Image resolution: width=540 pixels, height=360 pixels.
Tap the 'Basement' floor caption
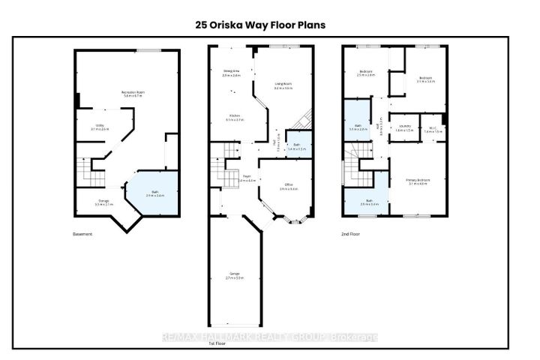83,234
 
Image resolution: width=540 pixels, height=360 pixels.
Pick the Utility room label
100,127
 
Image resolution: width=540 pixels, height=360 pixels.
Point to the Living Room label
284,87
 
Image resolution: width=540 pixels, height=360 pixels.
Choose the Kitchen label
234,118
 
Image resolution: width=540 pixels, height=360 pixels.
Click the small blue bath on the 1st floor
298,146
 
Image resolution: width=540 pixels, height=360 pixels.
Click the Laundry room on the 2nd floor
405,128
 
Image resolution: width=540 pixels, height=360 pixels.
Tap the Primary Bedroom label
417,182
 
